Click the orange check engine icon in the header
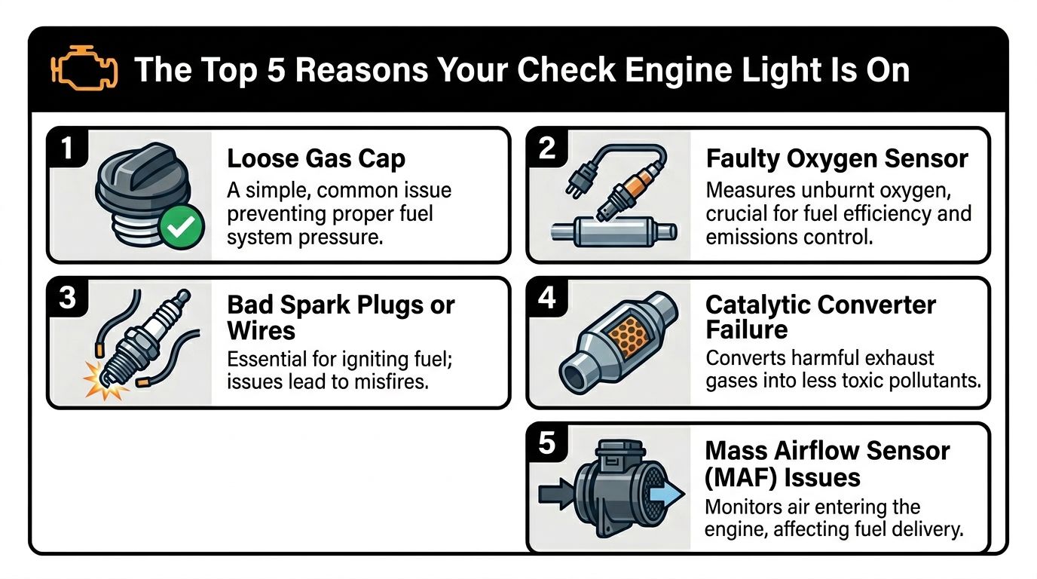(84, 68)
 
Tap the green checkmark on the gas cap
(181, 227)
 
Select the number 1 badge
(67, 149)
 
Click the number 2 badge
(546, 149)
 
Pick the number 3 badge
(67, 298)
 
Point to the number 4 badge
(546, 298)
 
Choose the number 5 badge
(546, 443)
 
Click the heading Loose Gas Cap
(317, 159)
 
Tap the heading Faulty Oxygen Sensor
(837, 159)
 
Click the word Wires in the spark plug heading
(261, 331)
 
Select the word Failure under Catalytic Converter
(746, 329)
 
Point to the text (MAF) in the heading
(740, 477)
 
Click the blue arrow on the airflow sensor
(667, 494)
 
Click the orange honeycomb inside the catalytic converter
(629, 333)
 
